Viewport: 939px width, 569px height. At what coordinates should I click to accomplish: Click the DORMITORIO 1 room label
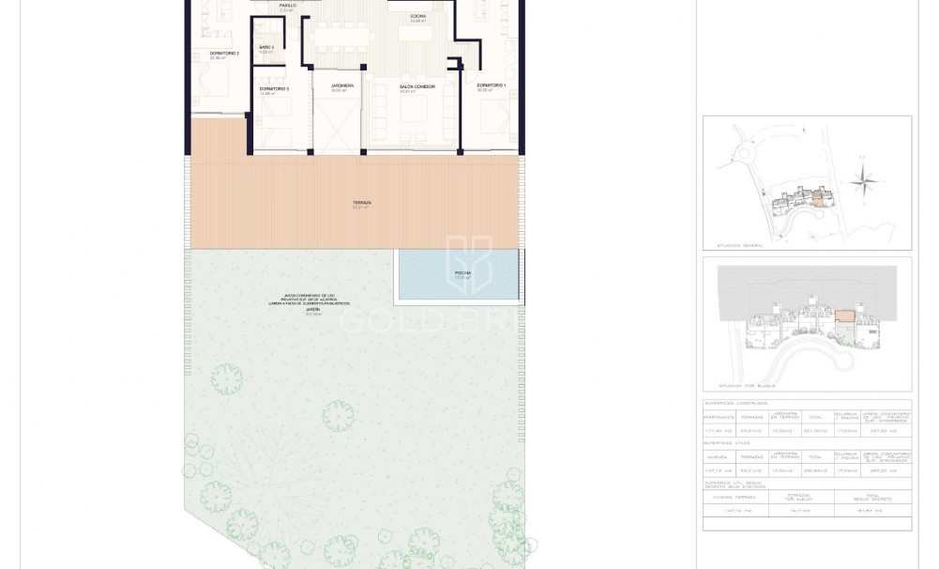tap(491, 85)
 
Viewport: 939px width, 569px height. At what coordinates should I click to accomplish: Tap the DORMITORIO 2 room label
tap(224, 54)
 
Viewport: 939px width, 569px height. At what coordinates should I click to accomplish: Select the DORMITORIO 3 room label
tap(274, 89)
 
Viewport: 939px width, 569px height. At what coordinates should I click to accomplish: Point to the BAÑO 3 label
tap(266, 47)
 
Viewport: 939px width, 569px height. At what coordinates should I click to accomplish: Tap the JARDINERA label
tap(341, 85)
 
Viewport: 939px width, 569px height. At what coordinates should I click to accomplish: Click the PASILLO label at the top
tap(287, 6)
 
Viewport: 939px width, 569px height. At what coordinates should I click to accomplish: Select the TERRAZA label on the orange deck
tap(362, 202)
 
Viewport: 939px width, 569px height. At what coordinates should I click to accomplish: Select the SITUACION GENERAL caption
tap(740, 245)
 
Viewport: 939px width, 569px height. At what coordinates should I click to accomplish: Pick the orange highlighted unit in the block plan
tap(845, 318)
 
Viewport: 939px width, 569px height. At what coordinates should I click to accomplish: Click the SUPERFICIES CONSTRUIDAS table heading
tap(741, 403)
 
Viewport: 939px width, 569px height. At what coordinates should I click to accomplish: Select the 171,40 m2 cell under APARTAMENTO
tap(719, 431)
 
